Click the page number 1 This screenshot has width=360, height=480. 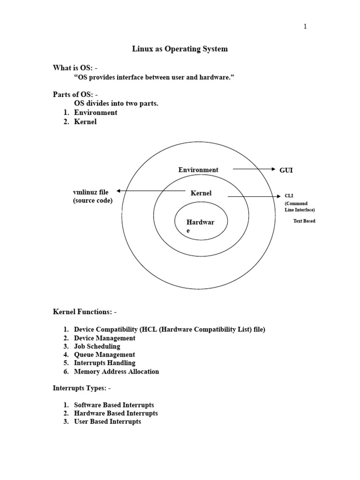click(305, 27)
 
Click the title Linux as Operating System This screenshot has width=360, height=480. click(180, 49)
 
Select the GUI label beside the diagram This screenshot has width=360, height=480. click(286, 170)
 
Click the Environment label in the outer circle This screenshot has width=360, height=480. click(198, 170)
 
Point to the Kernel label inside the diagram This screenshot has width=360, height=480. click(201, 193)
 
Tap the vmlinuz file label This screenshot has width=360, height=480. click(90, 192)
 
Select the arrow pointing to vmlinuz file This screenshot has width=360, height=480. click(150, 191)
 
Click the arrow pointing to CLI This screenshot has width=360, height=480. click(253, 197)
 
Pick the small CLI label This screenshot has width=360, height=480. click(289, 196)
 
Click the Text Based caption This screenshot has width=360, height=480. click(304, 221)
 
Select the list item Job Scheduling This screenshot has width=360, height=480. click(97, 346)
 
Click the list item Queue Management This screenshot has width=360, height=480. click(105, 355)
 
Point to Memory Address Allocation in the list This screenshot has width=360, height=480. click(116, 372)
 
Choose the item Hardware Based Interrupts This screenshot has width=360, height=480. click(116, 413)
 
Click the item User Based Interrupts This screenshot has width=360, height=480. click(107, 422)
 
